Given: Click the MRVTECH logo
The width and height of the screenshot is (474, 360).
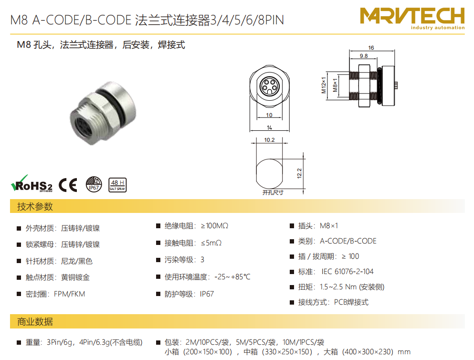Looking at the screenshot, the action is click(x=412, y=19).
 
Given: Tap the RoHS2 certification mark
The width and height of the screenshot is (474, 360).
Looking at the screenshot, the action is click(x=32, y=184).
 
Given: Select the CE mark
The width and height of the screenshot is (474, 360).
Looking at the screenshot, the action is click(x=68, y=185).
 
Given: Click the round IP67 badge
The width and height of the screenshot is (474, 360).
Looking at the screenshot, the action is click(x=94, y=184).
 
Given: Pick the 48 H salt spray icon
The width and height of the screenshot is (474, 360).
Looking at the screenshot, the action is click(x=117, y=185).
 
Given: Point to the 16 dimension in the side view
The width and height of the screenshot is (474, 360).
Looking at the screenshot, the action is click(x=371, y=48).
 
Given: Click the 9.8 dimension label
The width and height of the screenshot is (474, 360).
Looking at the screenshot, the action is click(x=364, y=56).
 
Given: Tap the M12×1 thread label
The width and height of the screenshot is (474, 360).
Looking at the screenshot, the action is click(x=324, y=85).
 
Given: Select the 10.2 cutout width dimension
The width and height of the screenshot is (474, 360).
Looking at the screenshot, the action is click(x=269, y=140).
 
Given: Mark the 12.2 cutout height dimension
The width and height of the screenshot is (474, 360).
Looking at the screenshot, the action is click(x=299, y=173).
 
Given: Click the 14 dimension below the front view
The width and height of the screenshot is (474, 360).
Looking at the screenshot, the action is click(x=269, y=127).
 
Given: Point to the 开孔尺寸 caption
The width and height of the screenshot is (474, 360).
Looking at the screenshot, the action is click(x=273, y=192).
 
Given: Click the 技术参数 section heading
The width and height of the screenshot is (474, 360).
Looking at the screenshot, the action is click(x=35, y=206).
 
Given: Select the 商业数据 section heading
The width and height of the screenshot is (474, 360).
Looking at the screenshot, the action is click(x=35, y=322).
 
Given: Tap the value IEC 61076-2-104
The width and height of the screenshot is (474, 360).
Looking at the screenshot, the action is click(x=348, y=272).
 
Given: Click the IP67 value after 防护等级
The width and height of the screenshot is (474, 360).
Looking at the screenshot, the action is click(x=207, y=294).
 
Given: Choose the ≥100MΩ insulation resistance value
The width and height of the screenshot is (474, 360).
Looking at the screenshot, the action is click(x=214, y=226).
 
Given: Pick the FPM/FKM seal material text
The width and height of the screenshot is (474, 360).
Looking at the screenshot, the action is click(x=69, y=294).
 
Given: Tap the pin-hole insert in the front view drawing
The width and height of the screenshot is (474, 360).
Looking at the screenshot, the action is click(x=269, y=85).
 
